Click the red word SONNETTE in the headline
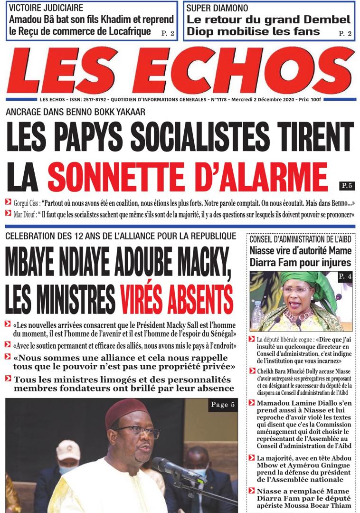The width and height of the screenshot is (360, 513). tap(118, 177)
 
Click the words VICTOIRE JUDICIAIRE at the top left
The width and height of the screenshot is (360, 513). tap(46, 8)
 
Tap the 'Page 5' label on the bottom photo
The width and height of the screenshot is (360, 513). tap(223, 405)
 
